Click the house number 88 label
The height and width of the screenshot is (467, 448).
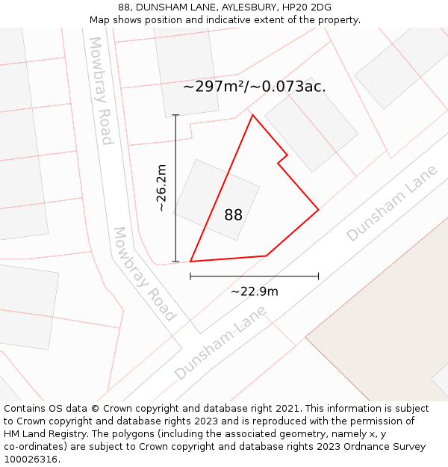233,215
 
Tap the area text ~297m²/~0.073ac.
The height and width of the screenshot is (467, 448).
254,87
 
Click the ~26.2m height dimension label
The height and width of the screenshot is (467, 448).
161,188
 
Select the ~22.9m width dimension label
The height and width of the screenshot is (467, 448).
254,291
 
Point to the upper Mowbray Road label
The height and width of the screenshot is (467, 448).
101,90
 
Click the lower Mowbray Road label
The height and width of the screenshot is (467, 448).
144,274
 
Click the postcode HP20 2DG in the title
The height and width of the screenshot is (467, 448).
307,7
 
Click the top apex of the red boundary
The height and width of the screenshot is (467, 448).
252,115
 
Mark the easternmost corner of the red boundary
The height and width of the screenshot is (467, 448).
319,210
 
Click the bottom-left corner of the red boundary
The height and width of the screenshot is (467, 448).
190,262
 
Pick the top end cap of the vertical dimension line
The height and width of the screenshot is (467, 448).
176,115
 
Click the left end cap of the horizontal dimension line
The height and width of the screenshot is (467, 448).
190,276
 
